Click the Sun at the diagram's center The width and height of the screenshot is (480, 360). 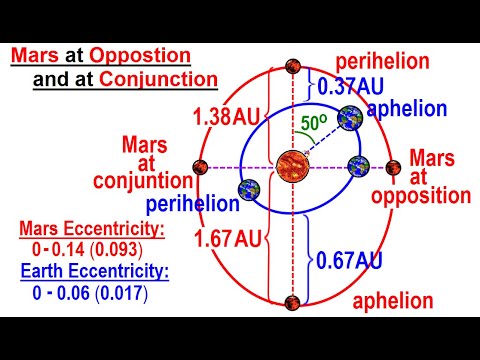point(294,166)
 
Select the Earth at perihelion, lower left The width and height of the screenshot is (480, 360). point(247,191)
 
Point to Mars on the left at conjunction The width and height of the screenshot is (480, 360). point(200,166)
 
